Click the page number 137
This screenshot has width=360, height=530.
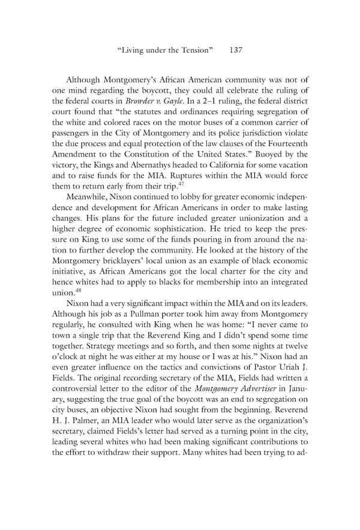point(236,51)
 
